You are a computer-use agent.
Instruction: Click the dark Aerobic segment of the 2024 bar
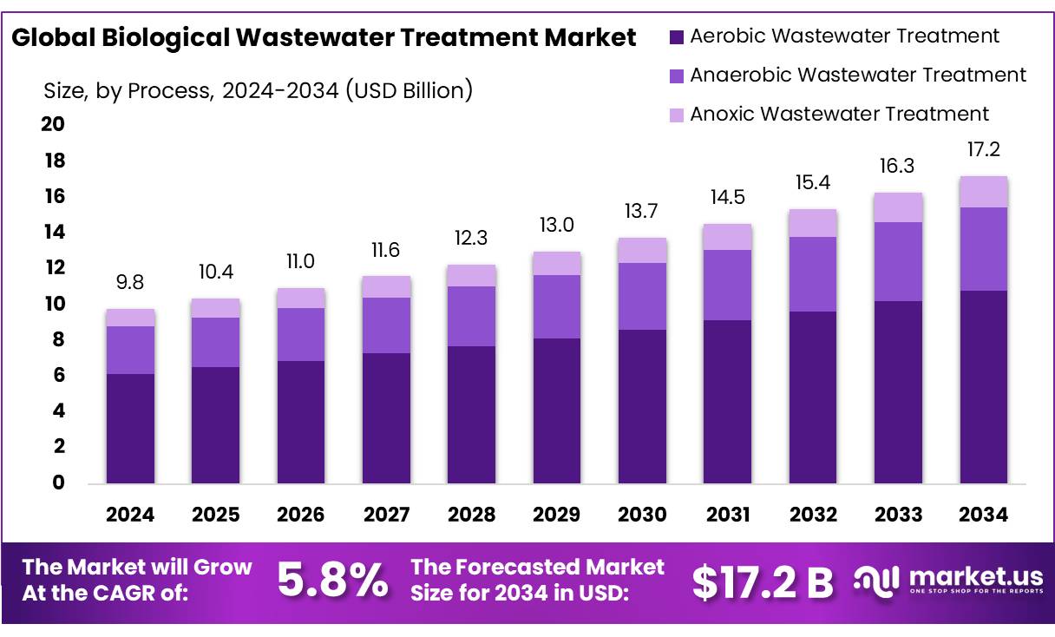[x=130, y=428]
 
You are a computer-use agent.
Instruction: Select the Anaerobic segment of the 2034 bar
[x=983, y=249]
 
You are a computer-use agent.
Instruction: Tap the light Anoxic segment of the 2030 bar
[x=642, y=250]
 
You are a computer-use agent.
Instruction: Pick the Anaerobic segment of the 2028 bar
[x=471, y=316]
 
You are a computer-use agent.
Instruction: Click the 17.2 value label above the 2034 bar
[x=983, y=150]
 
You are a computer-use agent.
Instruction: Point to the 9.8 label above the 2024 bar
[x=130, y=283]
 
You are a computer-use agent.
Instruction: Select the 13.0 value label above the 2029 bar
[x=556, y=226]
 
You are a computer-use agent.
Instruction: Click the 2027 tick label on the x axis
[x=386, y=515]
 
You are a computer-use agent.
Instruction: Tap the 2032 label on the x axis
[x=813, y=515]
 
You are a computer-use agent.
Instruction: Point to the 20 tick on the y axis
[x=53, y=125]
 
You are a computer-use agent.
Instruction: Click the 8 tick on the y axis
[x=59, y=340]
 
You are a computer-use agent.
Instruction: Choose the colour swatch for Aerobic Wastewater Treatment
[x=678, y=36]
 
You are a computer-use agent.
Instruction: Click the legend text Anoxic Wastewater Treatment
[x=839, y=114]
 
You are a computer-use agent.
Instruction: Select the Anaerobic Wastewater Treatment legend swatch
[x=678, y=76]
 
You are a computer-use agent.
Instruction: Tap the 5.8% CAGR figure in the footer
[x=332, y=581]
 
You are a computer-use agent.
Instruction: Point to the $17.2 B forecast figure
[x=762, y=582]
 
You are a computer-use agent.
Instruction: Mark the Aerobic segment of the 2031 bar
[x=727, y=401]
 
